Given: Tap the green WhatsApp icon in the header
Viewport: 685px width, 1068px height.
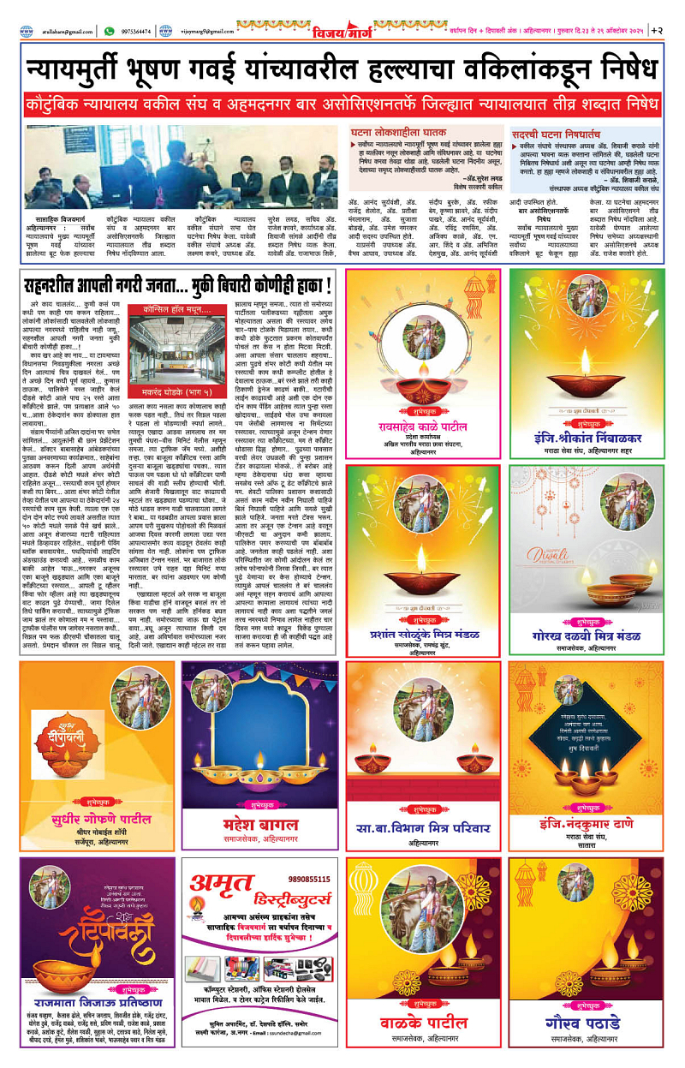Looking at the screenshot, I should coord(109,31).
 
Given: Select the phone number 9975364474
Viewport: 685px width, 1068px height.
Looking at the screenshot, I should coord(135,31).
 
